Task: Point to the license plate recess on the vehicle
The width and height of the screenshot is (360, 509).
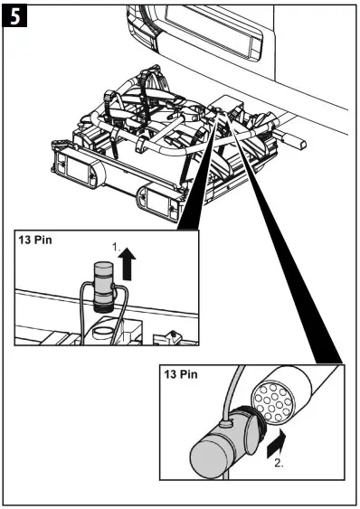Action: pyautogui.click(x=221, y=44)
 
